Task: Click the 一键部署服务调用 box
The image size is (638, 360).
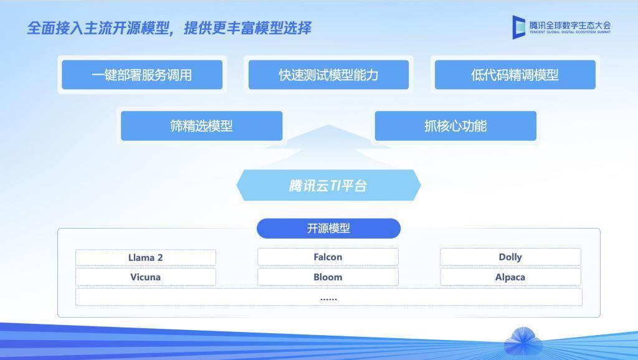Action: click(142, 75)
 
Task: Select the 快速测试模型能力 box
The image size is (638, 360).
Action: click(328, 75)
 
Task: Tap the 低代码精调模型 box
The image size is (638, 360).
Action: click(515, 75)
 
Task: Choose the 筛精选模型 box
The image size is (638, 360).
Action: click(201, 126)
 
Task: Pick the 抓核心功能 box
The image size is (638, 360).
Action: click(455, 126)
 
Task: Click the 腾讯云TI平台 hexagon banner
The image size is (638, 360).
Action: click(328, 186)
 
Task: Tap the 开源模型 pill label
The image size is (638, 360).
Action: click(328, 229)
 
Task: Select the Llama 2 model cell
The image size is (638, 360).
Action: click(146, 257)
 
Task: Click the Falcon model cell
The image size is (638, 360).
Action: click(328, 257)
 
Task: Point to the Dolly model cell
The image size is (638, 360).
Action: click(510, 257)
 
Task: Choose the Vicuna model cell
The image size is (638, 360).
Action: click(146, 277)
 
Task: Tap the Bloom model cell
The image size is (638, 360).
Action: click(328, 277)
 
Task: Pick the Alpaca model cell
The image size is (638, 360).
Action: click(510, 277)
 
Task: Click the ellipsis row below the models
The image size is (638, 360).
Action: click(328, 298)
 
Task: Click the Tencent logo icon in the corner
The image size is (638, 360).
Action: click(519, 27)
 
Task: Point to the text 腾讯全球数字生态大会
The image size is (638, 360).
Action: click(570, 25)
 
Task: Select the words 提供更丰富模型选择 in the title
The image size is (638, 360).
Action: click(247, 28)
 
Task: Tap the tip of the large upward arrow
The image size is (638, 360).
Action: click(328, 126)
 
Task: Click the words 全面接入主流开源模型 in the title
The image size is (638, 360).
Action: click(100, 28)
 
